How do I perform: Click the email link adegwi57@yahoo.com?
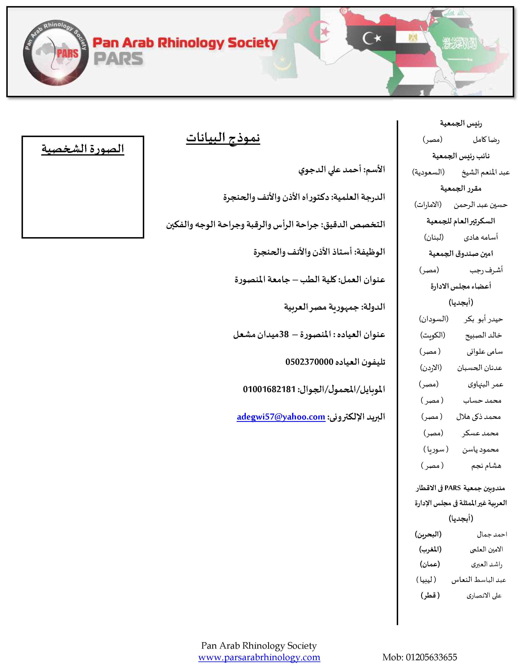point(281,417)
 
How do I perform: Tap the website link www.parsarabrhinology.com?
point(259,657)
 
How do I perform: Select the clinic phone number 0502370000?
point(309,362)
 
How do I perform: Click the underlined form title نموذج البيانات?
point(223,138)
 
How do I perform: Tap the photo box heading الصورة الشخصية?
point(83,149)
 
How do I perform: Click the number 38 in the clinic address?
point(284,334)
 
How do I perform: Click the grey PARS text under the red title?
point(118,59)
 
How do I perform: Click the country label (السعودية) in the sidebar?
point(428,172)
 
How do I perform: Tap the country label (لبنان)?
point(434,237)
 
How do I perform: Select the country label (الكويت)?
point(432,335)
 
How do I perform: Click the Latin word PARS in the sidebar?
point(453,488)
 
